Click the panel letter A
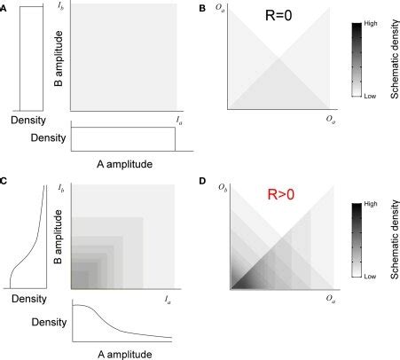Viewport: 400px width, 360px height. point(4,7)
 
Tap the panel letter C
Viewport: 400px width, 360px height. point(4,182)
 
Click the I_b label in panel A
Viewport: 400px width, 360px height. point(60,7)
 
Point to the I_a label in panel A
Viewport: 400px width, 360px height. point(175,119)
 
